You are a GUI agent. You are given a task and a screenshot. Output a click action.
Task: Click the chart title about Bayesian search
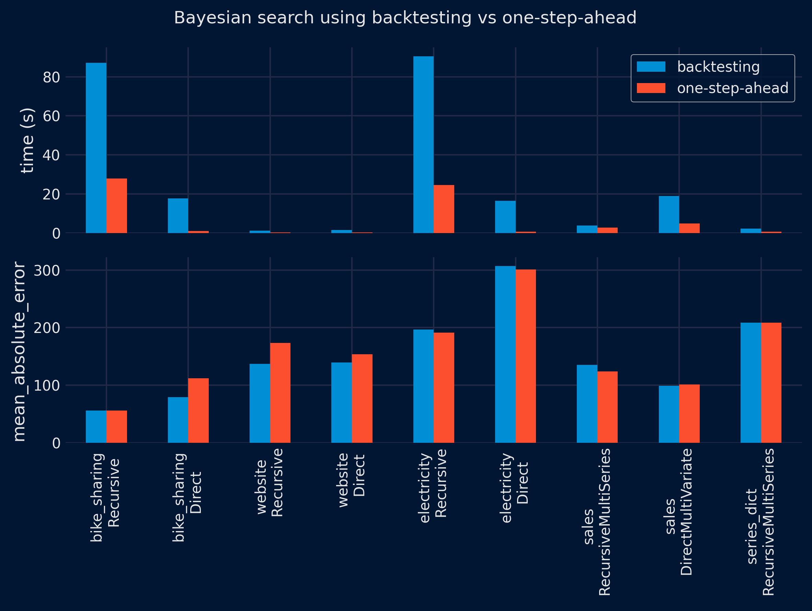click(405, 18)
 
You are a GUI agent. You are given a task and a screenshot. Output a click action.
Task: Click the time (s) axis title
click(27, 140)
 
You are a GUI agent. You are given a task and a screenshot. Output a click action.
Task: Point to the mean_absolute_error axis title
click(19, 351)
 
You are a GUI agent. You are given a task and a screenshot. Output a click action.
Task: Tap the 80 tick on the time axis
click(51, 77)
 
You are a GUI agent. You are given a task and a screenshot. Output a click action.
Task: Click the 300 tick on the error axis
click(47, 270)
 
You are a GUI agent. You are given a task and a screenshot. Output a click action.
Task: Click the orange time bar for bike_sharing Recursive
click(117, 206)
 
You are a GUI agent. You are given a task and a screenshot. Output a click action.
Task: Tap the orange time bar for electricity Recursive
click(444, 209)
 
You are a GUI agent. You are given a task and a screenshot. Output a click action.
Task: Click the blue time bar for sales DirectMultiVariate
click(669, 214)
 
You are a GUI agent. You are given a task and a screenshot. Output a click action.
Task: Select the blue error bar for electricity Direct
click(505, 354)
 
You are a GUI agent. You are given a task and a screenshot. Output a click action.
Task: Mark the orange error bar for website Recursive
click(280, 393)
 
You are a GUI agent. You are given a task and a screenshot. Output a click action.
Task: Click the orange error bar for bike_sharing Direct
click(198, 410)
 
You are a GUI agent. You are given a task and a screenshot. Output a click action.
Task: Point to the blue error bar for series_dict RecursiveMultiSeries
click(751, 382)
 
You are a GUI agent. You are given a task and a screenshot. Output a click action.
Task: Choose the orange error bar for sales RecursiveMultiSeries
click(607, 407)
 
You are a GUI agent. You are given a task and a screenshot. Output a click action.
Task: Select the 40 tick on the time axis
click(51, 155)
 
